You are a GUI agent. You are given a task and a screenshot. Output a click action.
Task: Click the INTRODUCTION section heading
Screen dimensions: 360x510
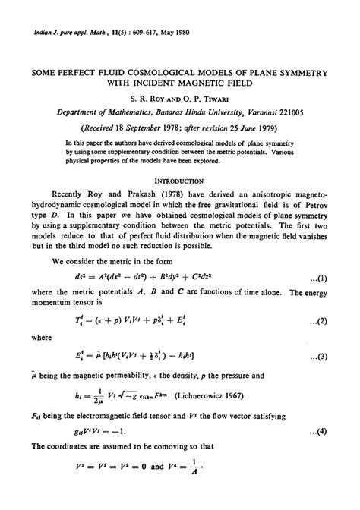[x=179, y=181]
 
